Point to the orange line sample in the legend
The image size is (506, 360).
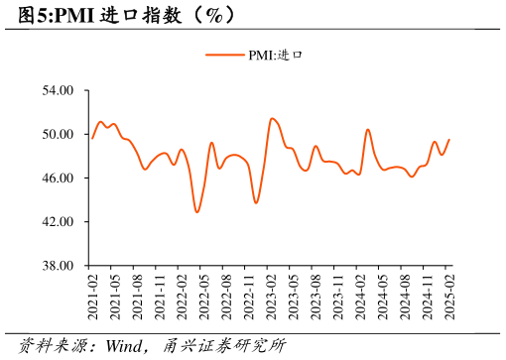click(x=225, y=55)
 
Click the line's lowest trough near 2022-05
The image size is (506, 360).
click(x=197, y=211)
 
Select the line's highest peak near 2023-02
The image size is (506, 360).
click(x=272, y=118)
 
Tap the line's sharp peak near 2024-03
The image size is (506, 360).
click(x=367, y=129)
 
